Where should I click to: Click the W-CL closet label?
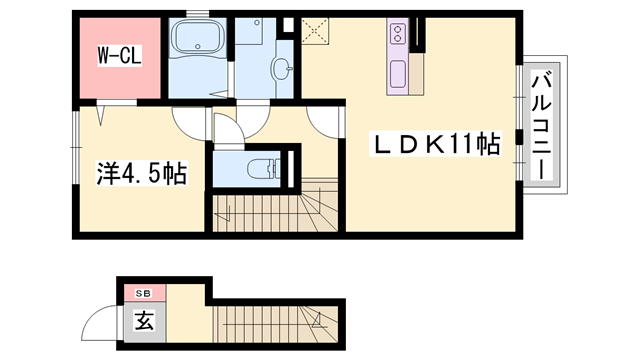pyautogui.click(x=118, y=56)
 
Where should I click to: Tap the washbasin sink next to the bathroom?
pyautogui.click(x=283, y=69)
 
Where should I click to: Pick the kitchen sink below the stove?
pyautogui.click(x=397, y=74)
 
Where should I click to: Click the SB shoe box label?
pyautogui.click(x=142, y=292)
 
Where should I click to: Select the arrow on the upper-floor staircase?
pyautogui.click(x=225, y=212)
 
